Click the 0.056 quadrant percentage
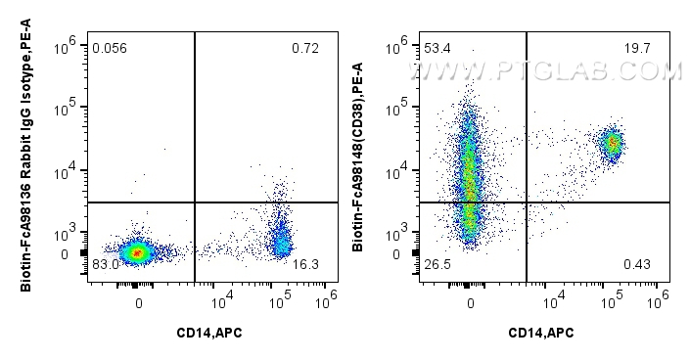pos(110,48)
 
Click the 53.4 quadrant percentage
pos(437,48)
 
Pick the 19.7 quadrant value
pos(639,48)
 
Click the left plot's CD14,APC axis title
pos(207,334)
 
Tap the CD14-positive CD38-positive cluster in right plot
pos(613,144)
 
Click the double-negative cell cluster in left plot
pos(138,252)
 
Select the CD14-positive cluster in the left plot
pos(281,240)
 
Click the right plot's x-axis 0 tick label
pos(471,302)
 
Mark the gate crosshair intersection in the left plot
pos(196,202)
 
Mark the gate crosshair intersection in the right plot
pos(528,202)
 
